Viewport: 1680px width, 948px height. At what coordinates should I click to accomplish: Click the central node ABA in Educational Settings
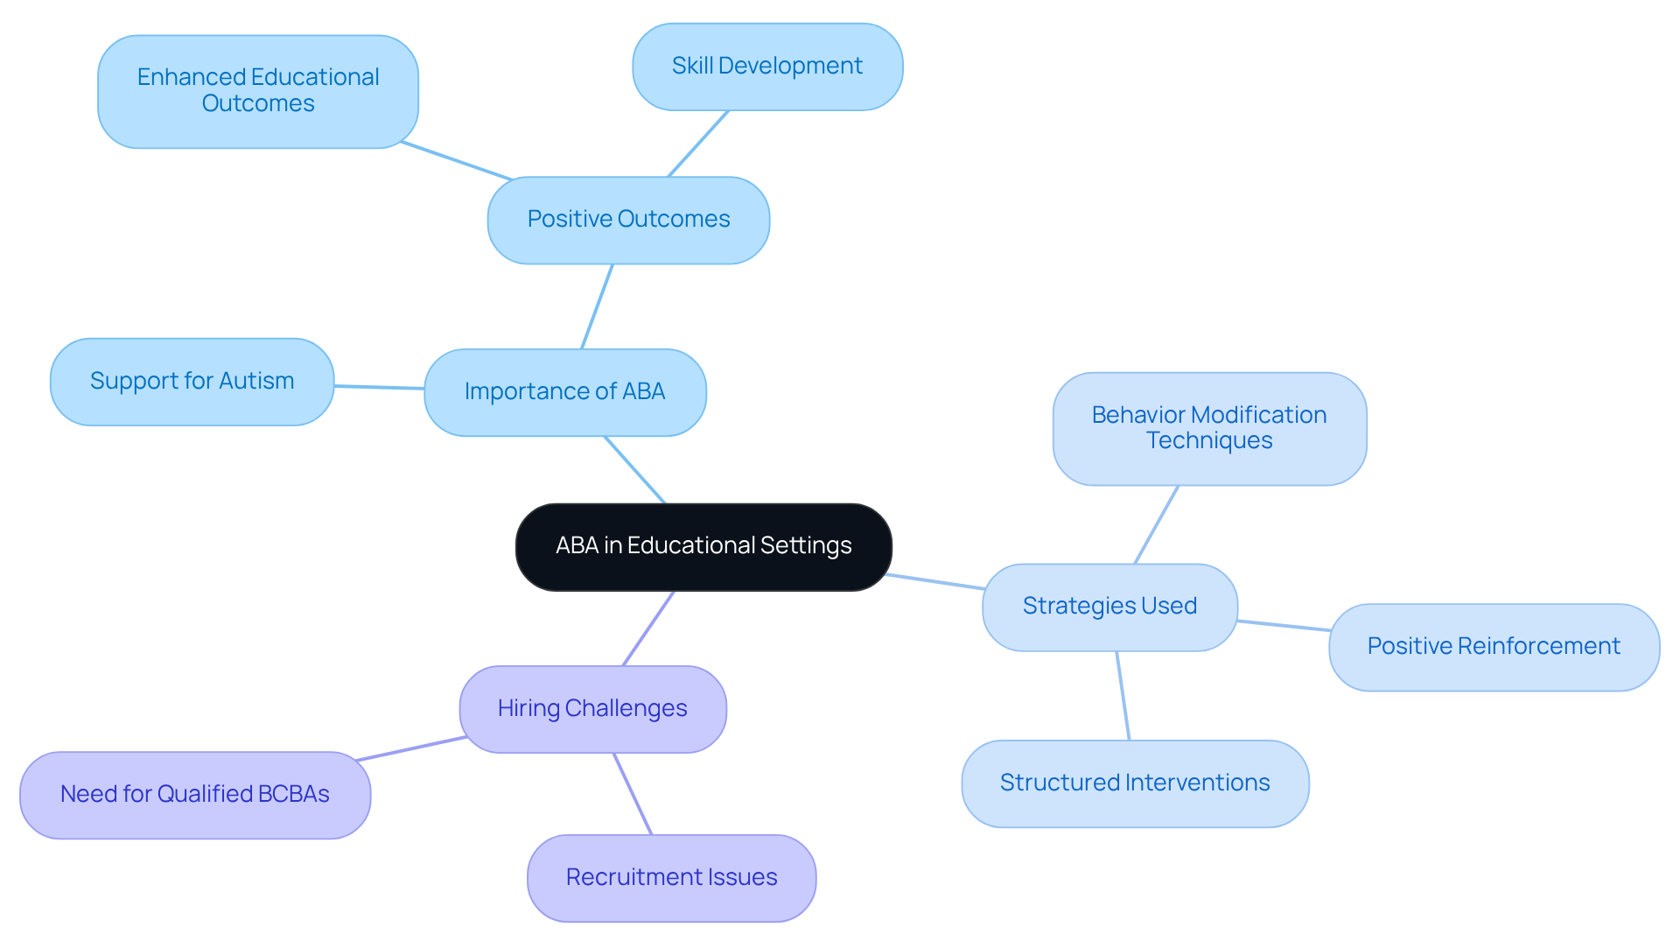tap(703, 546)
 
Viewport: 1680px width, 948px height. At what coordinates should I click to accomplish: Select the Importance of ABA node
tap(565, 392)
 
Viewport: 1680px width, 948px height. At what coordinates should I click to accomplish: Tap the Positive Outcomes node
tap(628, 220)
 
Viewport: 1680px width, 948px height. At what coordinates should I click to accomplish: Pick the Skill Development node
tap(767, 67)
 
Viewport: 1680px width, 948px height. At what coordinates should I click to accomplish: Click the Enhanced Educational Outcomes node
tap(258, 91)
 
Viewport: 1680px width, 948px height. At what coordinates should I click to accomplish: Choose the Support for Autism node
tap(192, 382)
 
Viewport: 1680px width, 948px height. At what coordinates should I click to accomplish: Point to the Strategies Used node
tap(1109, 607)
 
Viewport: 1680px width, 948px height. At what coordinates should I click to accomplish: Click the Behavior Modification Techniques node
tap(1209, 428)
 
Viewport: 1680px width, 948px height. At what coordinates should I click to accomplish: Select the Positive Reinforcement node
tap(1494, 647)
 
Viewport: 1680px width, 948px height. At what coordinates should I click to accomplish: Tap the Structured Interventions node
tap(1135, 783)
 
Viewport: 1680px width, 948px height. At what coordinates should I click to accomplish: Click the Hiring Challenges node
tap(592, 709)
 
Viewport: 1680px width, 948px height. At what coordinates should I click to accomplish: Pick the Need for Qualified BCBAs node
tap(195, 795)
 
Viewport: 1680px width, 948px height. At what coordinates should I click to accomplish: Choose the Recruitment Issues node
tap(671, 878)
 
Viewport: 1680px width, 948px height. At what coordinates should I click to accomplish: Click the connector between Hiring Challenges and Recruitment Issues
tap(633, 794)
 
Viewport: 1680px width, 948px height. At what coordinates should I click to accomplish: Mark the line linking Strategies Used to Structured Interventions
tap(1123, 696)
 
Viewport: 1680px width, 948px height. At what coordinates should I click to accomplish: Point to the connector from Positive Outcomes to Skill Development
tap(698, 144)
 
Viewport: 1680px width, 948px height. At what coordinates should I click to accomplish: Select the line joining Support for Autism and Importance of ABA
tap(379, 387)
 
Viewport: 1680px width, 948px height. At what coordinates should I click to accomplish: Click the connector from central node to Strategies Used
tap(935, 582)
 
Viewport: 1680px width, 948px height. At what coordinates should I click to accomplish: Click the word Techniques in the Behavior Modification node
tap(1209, 441)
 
